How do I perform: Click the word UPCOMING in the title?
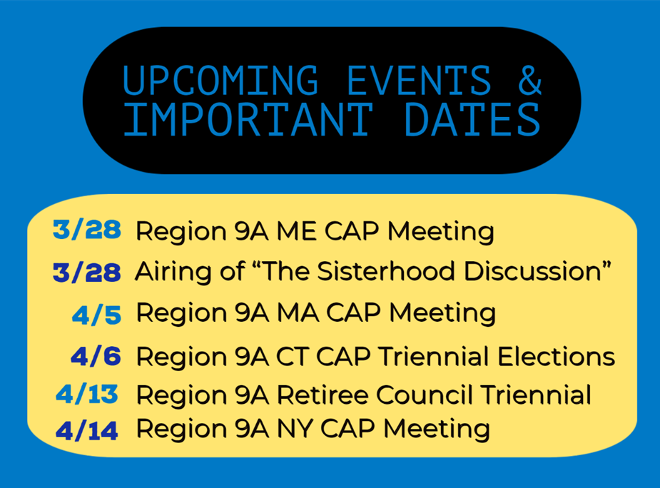click(220, 80)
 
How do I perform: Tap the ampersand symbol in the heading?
click(529, 80)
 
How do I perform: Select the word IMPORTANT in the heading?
click(248, 120)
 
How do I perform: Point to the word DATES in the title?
click(472, 120)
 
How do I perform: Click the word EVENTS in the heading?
click(420, 80)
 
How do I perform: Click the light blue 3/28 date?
click(87, 230)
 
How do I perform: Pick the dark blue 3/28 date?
click(87, 272)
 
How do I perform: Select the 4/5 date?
click(96, 315)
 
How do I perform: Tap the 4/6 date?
click(96, 356)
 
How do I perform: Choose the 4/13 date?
click(87, 395)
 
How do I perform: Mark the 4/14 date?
click(87, 431)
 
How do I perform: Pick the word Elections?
click(556, 357)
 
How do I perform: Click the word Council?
click(425, 395)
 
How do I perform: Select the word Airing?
click(173, 272)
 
